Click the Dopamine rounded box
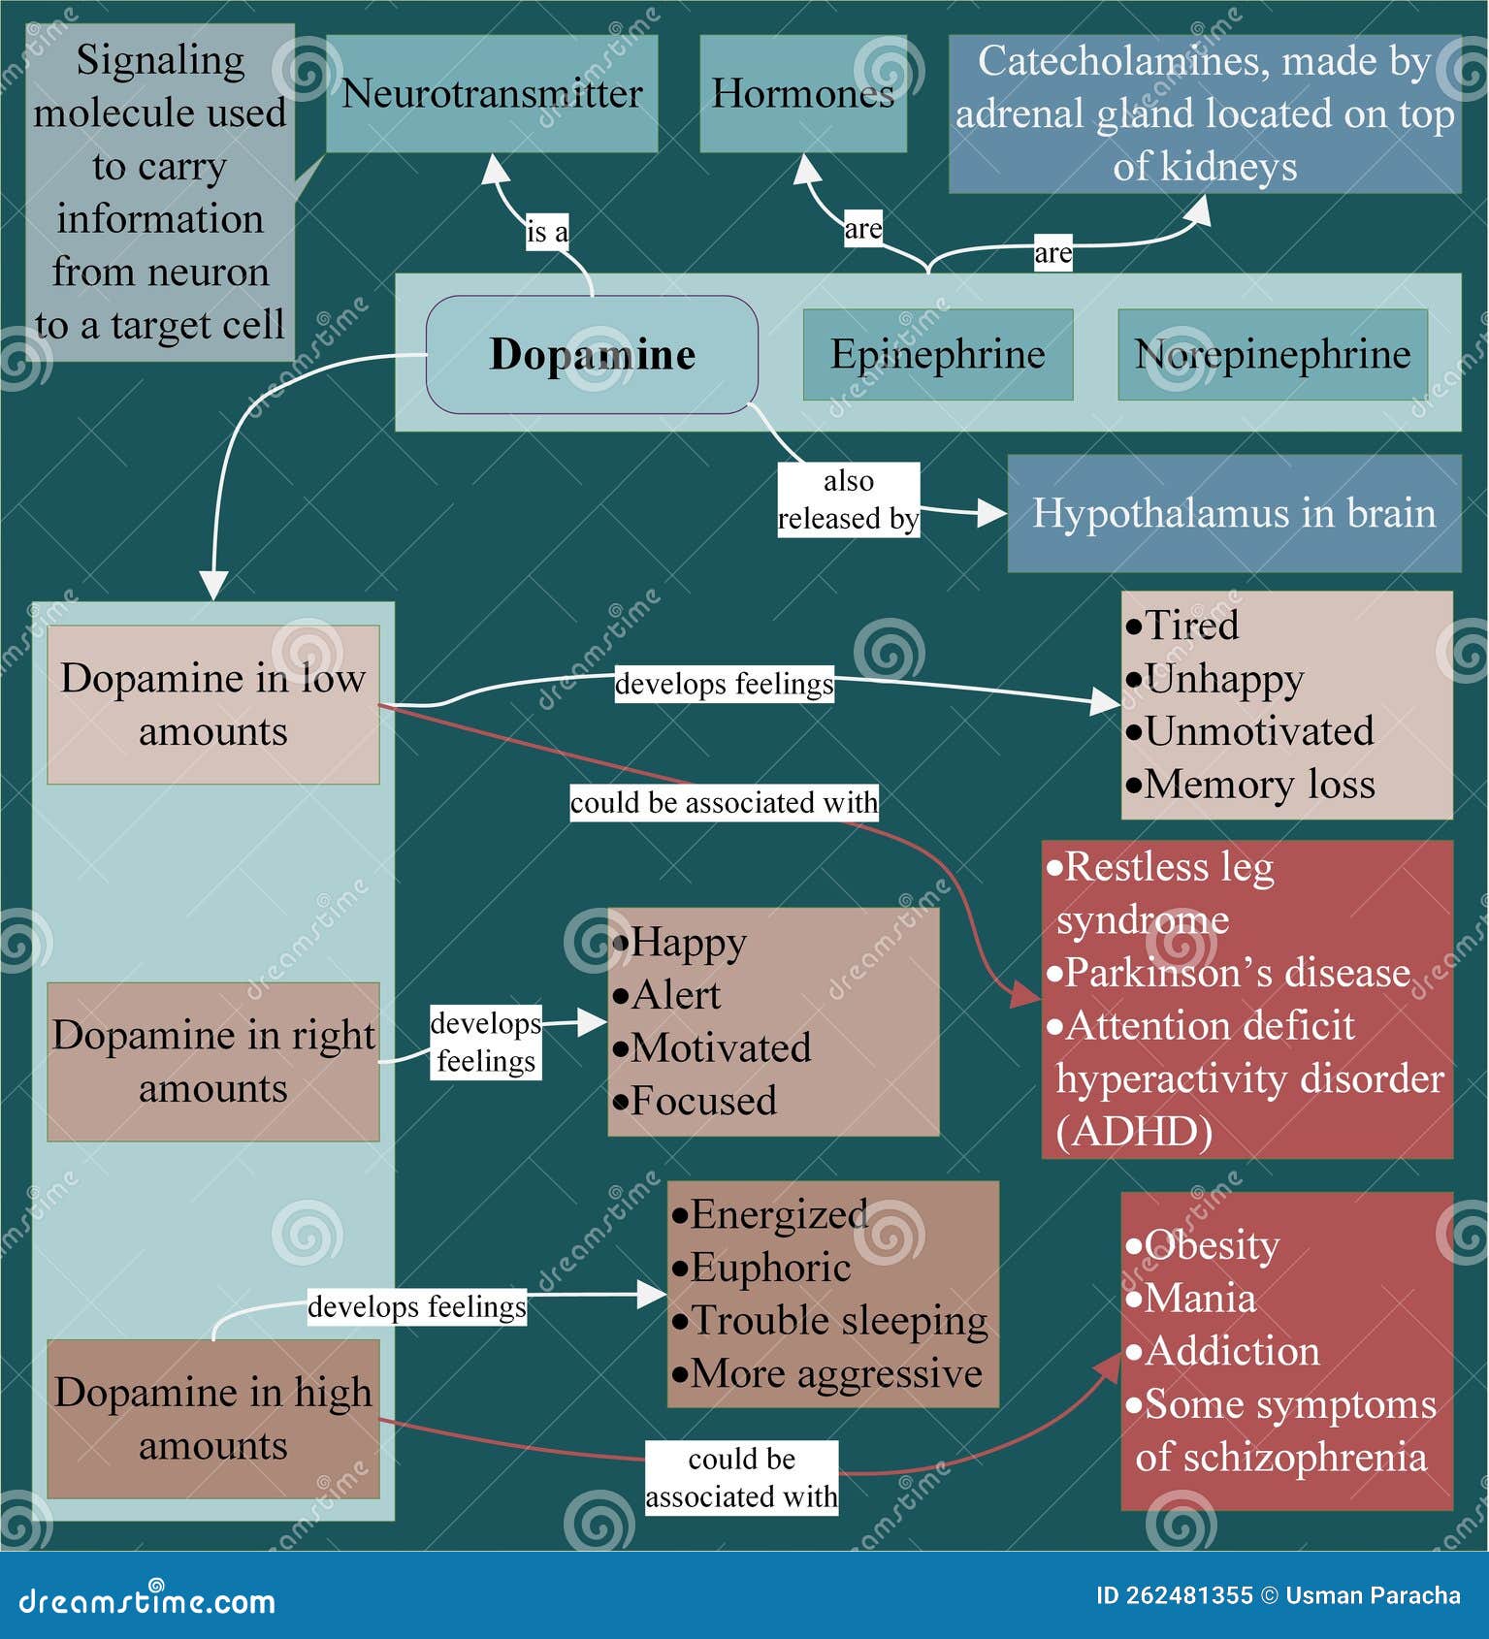coord(592,355)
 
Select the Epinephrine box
coord(937,355)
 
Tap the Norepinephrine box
coord(1272,355)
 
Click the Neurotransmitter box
coord(492,94)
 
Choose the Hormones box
coord(802,94)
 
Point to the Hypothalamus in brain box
coord(1234,513)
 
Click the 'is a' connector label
coord(547,233)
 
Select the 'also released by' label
coord(848,500)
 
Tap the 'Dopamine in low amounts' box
coord(212,704)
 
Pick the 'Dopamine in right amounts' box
coord(212,1061)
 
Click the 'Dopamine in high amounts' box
coord(212,1418)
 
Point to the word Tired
coord(1191,626)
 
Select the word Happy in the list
coord(688,943)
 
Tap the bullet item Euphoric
coord(770,1268)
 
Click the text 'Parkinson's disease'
coord(1237,973)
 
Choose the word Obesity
coord(1212,1245)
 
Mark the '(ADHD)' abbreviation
coord(1134,1132)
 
